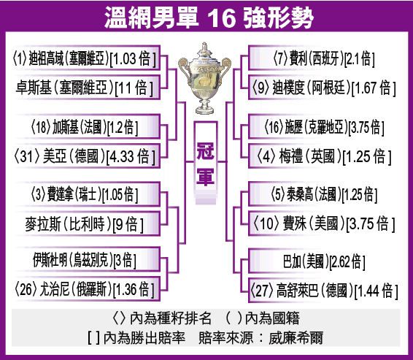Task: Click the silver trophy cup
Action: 204,78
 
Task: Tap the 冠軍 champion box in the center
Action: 206,163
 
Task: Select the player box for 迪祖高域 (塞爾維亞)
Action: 88,58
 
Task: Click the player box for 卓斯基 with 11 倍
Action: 88,88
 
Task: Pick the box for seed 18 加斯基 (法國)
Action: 88,126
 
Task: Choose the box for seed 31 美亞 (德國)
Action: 88,156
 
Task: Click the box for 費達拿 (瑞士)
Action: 88,194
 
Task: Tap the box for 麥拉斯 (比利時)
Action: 88,223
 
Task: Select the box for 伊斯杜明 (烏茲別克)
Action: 88,259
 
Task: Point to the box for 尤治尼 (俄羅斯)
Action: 88,289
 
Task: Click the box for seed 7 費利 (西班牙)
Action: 323,58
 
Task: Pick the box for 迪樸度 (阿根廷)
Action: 323,88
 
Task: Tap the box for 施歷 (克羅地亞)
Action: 323,126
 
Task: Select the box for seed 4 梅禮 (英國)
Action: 323,156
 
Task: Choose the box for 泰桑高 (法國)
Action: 323,194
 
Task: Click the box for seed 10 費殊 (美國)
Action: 323,223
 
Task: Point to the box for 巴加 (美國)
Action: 323,261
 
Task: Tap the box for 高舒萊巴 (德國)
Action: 323,291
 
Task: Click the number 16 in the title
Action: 221,18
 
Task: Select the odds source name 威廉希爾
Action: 296,337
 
